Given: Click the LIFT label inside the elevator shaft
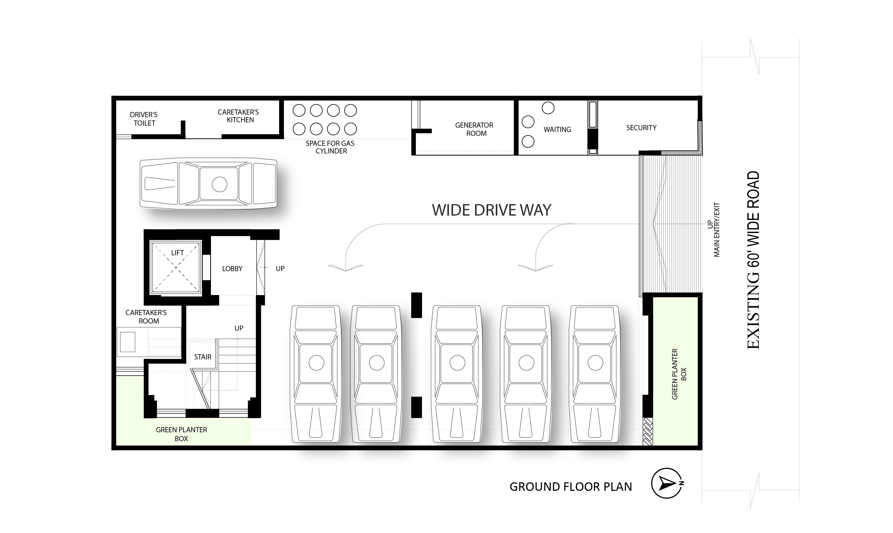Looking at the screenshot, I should pos(177,253).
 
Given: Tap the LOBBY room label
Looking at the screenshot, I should pos(232,269).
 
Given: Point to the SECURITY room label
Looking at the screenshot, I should pos(641,128).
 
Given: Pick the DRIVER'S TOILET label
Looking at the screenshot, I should pos(144,119).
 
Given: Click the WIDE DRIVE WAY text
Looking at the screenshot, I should pos(491,210).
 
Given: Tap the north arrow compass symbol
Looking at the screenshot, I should pos(666,483).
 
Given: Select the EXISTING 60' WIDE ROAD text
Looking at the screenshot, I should pos(754,260).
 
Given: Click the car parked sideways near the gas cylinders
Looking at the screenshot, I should pos(208,184).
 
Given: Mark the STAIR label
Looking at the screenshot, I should pos(203,357).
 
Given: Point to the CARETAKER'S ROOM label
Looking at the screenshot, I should pos(146,317).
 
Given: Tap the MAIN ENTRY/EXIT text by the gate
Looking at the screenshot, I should pos(717,230).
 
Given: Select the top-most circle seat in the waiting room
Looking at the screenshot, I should pos(548,108).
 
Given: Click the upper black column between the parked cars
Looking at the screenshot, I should pos(416,305).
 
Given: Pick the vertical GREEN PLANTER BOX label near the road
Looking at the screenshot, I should pos(679,374).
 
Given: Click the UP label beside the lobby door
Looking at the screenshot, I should pos(280,269).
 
